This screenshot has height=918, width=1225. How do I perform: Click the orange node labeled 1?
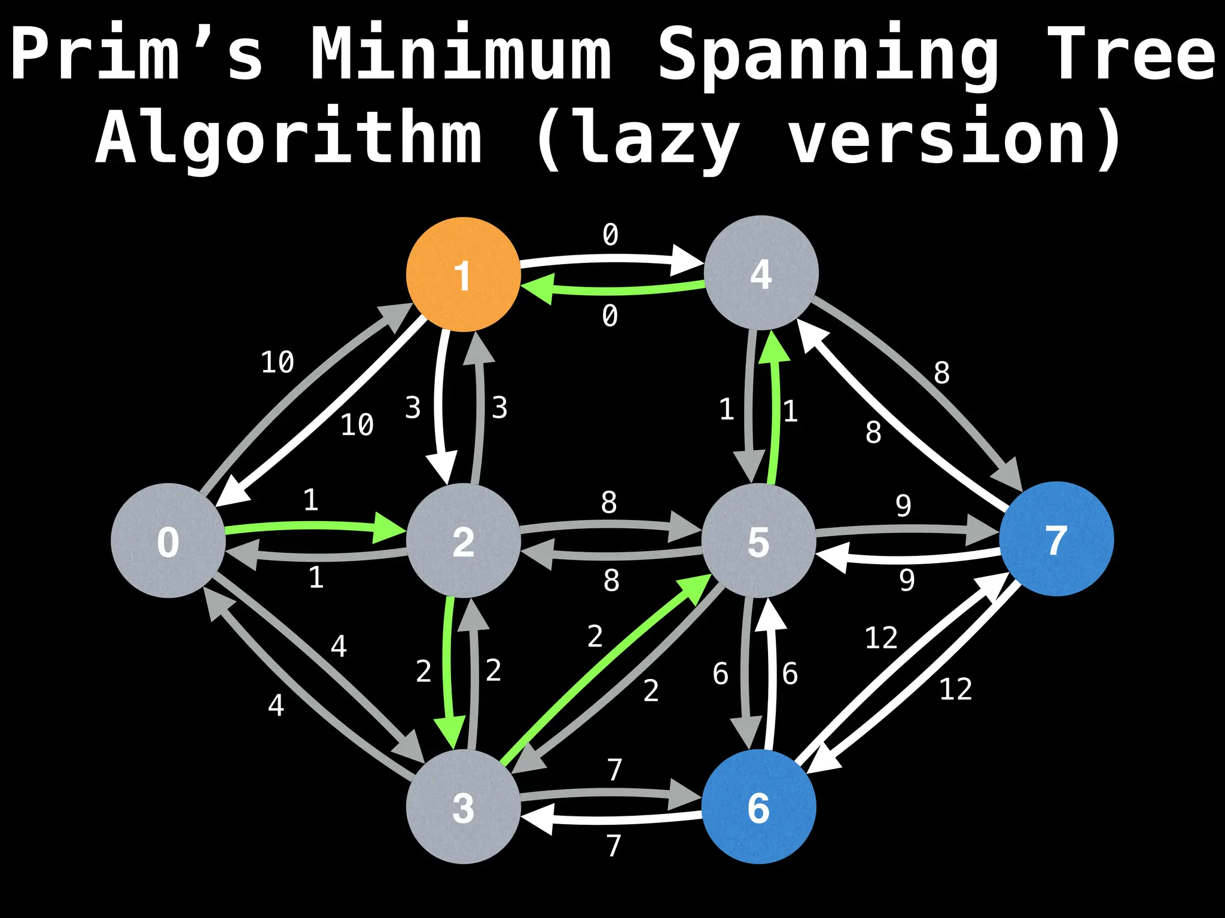tap(463, 274)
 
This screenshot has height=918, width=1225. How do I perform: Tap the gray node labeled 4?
tap(761, 273)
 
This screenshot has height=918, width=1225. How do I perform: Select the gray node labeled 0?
tap(168, 540)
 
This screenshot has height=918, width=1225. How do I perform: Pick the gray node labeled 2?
tap(463, 540)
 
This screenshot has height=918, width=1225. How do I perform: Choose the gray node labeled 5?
tap(758, 540)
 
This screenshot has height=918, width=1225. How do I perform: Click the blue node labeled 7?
tap(1056, 538)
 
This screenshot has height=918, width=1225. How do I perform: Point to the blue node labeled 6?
tap(758, 806)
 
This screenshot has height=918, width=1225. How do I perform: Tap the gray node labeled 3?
tap(463, 806)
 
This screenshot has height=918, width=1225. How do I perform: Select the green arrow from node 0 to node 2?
tap(311, 527)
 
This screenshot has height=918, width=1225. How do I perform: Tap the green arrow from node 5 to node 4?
tap(776, 412)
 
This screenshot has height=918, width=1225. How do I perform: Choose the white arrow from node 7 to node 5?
tap(909, 559)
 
